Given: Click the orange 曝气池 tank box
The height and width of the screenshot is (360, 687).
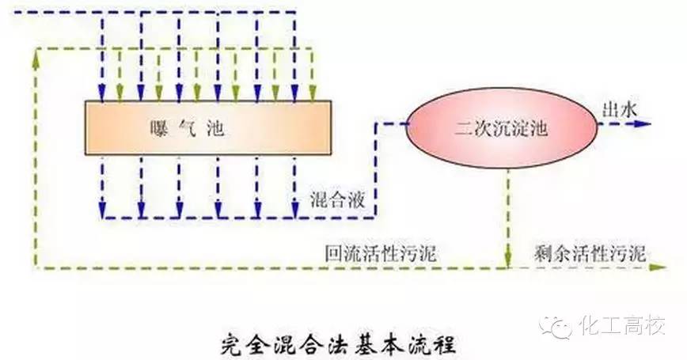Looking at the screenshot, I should click(207, 128).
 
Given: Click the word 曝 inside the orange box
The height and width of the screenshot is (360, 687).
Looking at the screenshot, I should click(156, 128).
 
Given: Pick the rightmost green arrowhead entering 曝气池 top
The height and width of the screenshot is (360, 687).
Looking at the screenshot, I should click(313, 95).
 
